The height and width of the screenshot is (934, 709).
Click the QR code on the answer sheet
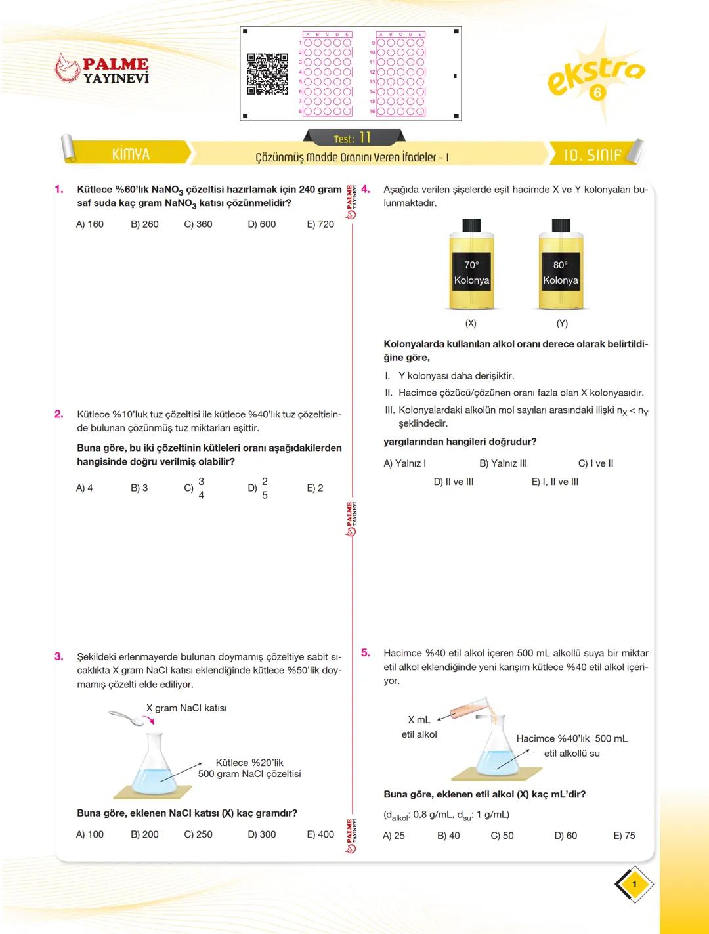tap(267, 74)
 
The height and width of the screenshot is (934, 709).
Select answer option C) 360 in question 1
tap(198, 224)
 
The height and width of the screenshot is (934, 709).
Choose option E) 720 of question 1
tap(320, 224)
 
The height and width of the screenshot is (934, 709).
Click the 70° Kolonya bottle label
tap(471, 272)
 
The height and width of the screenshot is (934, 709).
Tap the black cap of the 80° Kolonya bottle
tap(560, 225)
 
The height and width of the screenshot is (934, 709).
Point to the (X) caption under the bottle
tap(471, 324)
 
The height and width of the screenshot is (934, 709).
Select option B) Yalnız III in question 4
tap(503, 463)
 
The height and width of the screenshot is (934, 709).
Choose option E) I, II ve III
tap(555, 482)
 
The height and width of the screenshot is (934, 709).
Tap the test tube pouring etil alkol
tap(469, 709)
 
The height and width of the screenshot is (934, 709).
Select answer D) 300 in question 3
tap(261, 834)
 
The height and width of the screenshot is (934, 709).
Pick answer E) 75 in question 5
tap(624, 836)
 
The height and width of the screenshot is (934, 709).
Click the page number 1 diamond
tap(634, 885)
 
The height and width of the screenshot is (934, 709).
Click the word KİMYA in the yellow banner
tap(131, 154)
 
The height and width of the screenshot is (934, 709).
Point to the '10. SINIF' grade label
tap(591, 155)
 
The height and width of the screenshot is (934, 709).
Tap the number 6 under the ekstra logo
tap(596, 93)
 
